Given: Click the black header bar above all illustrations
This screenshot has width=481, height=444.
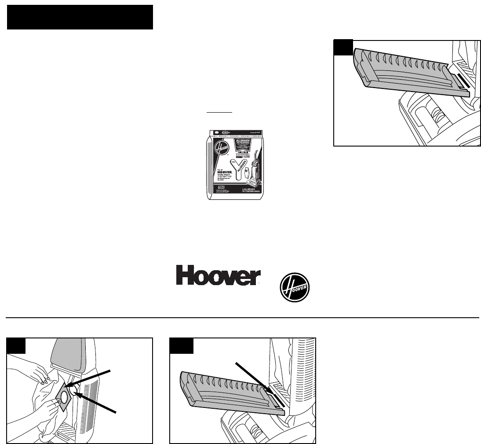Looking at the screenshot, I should tap(80, 17).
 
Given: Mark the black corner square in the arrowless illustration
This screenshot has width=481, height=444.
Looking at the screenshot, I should tap(343, 48).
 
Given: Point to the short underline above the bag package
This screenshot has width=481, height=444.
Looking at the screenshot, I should tap(219, 113).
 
